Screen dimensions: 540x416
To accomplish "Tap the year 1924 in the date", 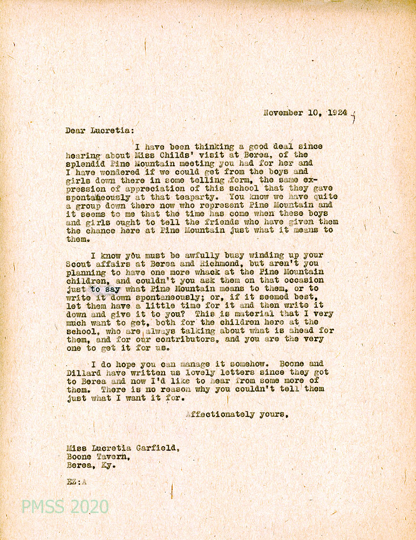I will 337,113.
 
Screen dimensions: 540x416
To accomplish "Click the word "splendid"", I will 85,163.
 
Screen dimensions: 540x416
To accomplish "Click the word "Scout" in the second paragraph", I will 78,264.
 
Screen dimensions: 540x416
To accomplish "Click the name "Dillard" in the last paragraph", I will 83,373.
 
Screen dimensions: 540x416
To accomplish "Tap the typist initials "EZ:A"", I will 77,482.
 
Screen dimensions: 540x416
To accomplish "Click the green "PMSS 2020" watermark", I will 65,507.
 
